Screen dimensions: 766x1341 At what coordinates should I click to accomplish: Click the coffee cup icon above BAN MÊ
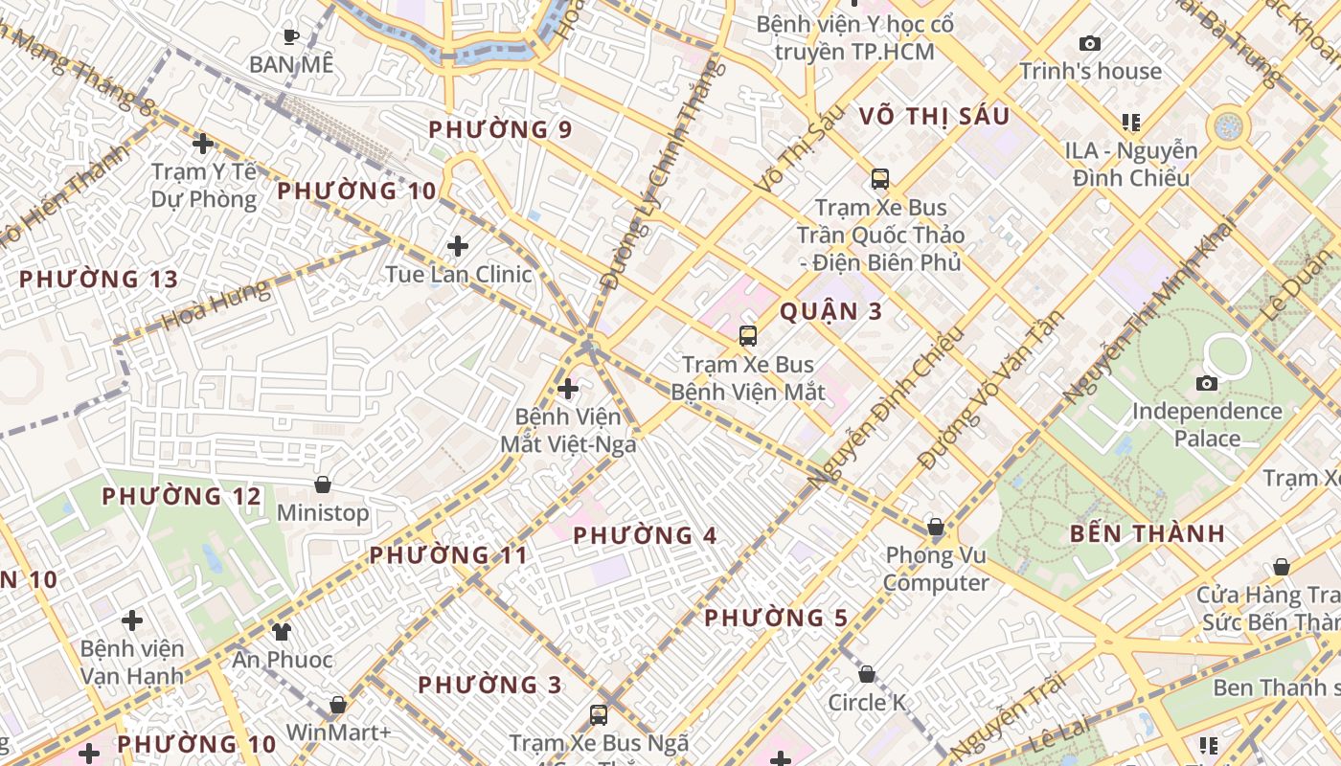[x=291, y=37]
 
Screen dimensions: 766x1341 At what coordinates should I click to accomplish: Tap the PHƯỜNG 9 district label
[x=501, y=129]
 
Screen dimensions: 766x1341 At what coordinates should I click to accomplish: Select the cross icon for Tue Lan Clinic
[x=458, y=246]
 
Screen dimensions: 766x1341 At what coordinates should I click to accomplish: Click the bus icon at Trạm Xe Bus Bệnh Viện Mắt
[x=748, y=336]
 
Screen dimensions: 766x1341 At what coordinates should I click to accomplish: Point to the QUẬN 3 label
[x=830, y=311]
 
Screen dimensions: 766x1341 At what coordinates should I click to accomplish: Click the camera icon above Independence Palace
[x=1207, y=384]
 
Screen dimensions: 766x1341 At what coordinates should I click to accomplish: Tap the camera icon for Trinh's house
[x=1089, y=43]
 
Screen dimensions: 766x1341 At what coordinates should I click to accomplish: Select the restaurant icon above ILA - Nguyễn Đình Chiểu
[x=1131, y=123]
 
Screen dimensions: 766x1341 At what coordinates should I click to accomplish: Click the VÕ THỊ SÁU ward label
[x=935, y=117]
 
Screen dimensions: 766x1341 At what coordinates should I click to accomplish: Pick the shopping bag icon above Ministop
[x=323, y=485]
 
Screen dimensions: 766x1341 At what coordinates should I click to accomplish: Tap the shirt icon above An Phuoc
[x=282, y=631]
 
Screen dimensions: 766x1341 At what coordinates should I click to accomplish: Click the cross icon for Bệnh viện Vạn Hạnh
[x=132, y=620]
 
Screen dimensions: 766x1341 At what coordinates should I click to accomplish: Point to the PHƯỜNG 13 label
[x=99, y=280]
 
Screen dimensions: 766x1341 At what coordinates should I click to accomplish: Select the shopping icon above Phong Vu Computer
[x=936, y=528]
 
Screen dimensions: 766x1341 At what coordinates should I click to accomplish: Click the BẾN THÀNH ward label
[x=1148, y=534]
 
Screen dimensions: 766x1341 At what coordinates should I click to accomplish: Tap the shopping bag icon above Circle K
[x=867, y=675]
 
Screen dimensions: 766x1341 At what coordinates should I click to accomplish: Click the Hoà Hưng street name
[x=216, y=304]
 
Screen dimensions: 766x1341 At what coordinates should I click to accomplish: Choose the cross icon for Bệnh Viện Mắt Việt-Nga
[x=568, y=389]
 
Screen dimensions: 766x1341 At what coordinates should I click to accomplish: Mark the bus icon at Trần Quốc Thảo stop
[x=879, y=179]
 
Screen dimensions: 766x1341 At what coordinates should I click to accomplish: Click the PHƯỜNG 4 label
[x=646, y=536]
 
